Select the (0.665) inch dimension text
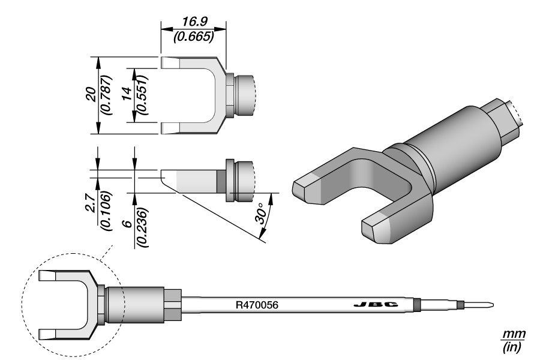(x=193, y=36)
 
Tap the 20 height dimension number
(x=91, y=96)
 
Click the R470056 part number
(x=257, y=305)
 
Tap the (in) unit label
(x=511, y=346)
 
